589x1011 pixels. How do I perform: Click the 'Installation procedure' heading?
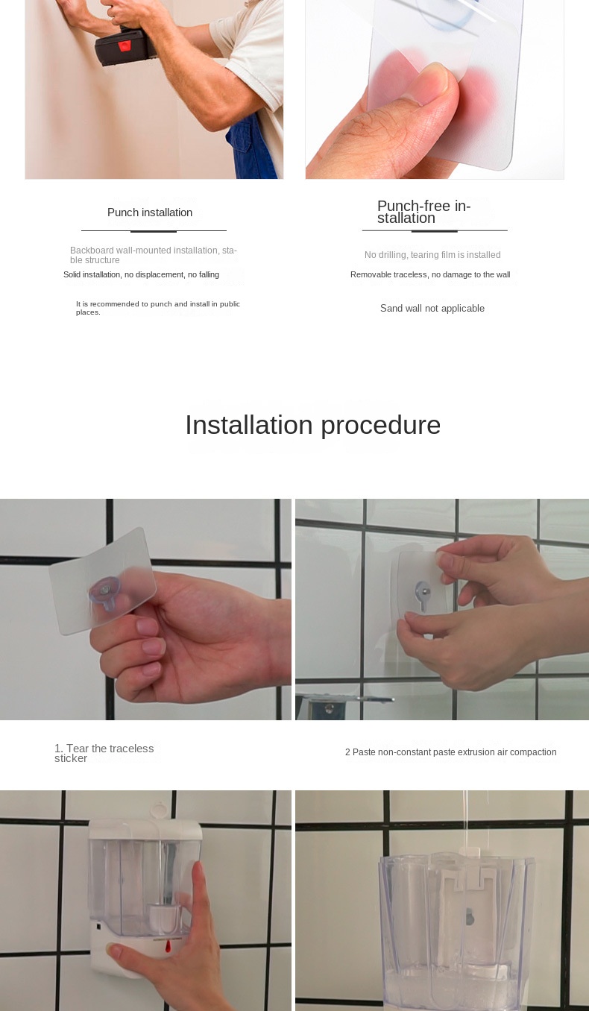click(313, 425)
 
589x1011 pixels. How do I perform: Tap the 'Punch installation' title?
click(150, 212)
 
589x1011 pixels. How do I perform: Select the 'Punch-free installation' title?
click(423, 212)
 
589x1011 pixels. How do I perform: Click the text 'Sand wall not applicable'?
click(432, 308)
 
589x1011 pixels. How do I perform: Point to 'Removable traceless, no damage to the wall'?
click(430, 274)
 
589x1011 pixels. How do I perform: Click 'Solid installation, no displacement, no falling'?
click(141, 274)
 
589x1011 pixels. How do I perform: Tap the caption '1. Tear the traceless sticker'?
click(104, 753)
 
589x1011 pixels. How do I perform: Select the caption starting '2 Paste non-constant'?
click(451, 752)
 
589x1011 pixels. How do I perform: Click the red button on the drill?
click(125, 45)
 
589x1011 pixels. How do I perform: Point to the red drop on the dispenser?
click(168, 946)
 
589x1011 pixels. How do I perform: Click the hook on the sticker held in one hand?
click(106, 593)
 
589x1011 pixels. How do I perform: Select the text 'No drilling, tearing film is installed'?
click(432, 255)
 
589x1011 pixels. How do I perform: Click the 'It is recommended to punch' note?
click(158, 308)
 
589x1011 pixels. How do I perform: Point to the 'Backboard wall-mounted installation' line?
click(154, 255)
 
